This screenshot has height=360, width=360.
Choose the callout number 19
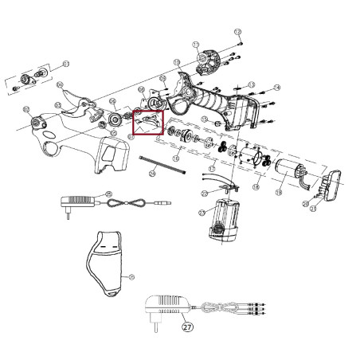tap(280, 192)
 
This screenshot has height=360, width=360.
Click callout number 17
tap(211, 170)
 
